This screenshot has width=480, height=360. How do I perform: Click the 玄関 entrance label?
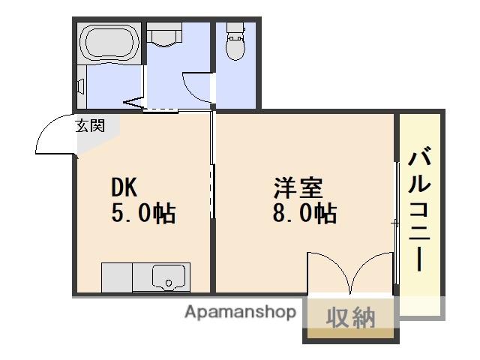pyautogui.click(x=89, y=126)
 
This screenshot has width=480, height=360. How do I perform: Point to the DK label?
pyautogui.click(x=126, y=186)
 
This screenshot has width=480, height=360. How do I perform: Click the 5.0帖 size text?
pyautogui.click(x=143, y=213)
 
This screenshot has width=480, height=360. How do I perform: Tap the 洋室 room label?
pyautogui.click(x=298, y=186)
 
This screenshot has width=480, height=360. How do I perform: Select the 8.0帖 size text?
pyautogui.click(x=304, y=213)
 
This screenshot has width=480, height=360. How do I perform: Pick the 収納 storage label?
pyautogui.click(x=349, y=318)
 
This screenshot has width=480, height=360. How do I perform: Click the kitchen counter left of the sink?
pyautogui.click(x=116, y=277)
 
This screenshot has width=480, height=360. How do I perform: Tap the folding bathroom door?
pyautogui.click(x=133, y=100)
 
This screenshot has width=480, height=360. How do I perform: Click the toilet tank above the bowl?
pyautogui.click(x=235, y=29)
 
